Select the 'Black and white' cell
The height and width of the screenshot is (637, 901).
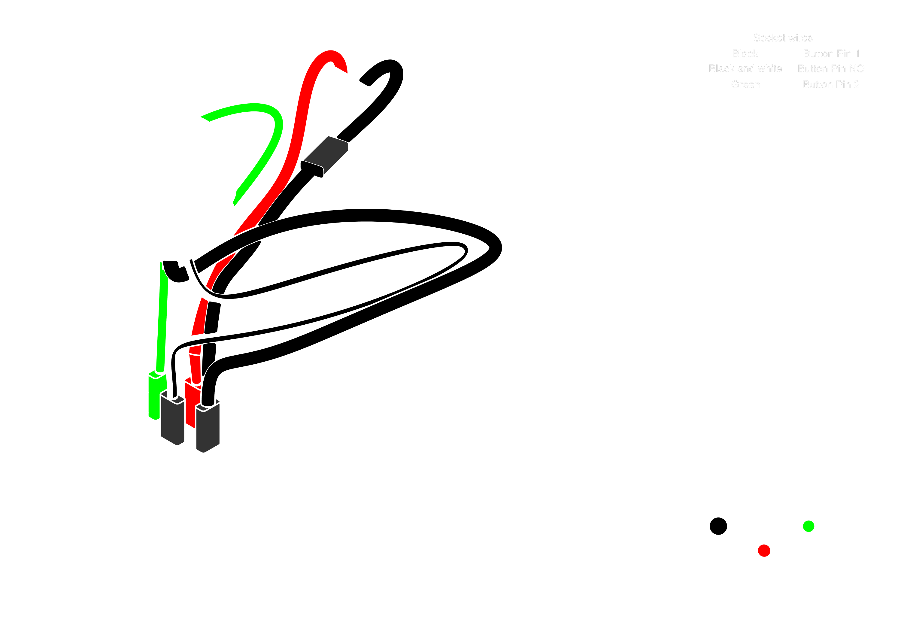745,69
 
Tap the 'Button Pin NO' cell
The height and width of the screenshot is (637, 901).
831,69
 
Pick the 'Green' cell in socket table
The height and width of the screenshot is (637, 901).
745,85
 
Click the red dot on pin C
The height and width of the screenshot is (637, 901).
764,551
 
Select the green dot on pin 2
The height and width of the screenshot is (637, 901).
809,526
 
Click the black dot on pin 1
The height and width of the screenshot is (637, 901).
718,526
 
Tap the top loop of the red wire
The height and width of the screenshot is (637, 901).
330,55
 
